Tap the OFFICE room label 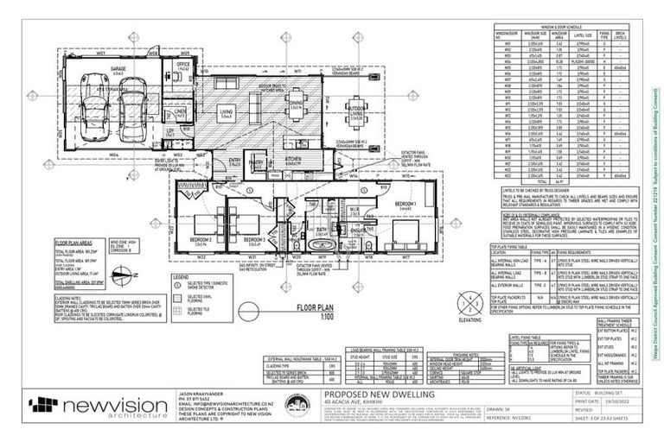182,64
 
